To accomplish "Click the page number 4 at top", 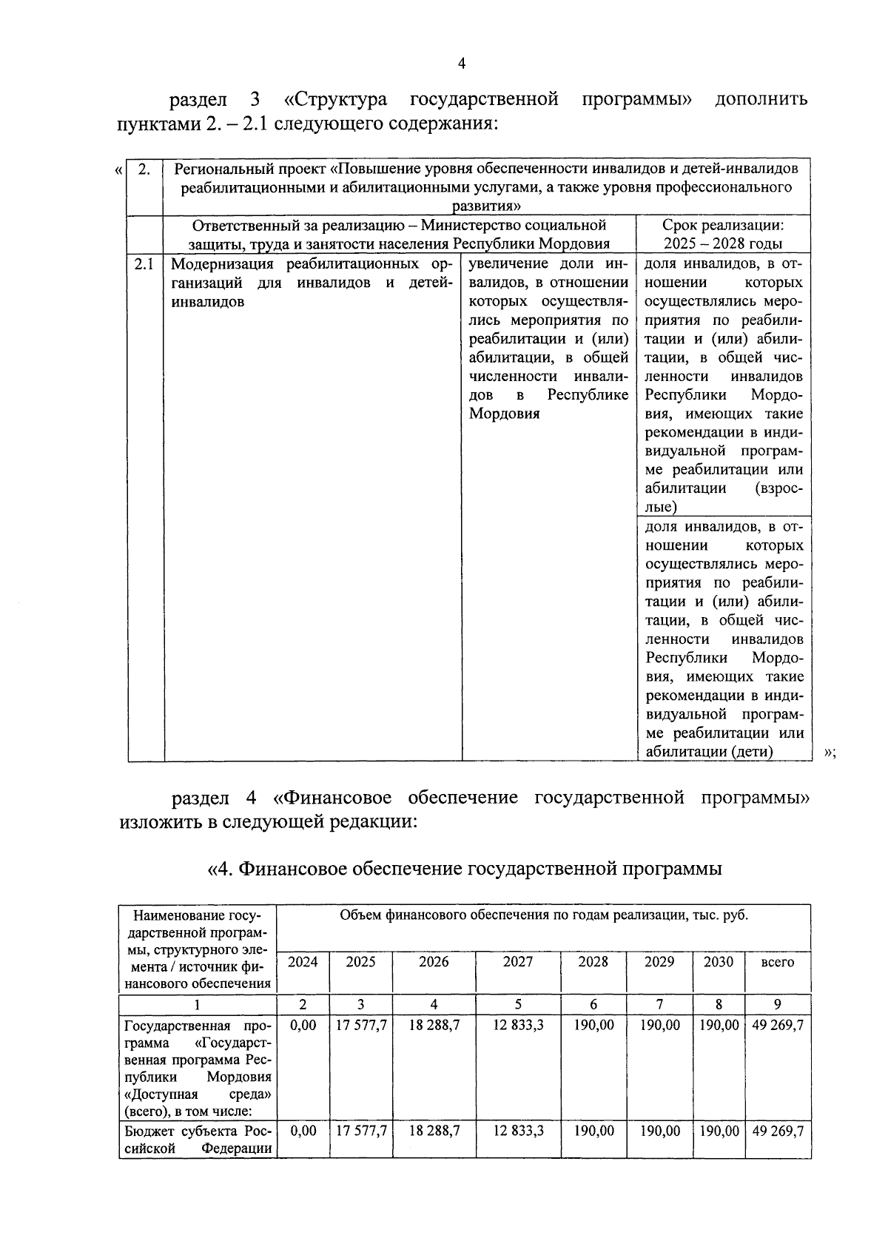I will coord(461,64).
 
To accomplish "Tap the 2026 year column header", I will coord(434,961).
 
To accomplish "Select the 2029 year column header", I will coord(659,961).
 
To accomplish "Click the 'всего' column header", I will coord(777,962).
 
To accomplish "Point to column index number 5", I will coord(518,1004).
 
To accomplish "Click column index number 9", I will coord(777,1004).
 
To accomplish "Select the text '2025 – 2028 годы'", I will coord(723,244).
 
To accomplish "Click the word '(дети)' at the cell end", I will coord(753,752).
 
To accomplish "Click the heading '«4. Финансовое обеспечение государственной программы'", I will coord(465,868).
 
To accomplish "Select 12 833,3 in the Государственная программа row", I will coord(518,1026).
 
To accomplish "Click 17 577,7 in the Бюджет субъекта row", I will coord(360,1131).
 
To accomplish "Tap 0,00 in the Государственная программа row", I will coord(303,1026).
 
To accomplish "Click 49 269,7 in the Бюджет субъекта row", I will coord(777,1131).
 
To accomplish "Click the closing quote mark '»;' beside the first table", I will coord(830,753).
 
